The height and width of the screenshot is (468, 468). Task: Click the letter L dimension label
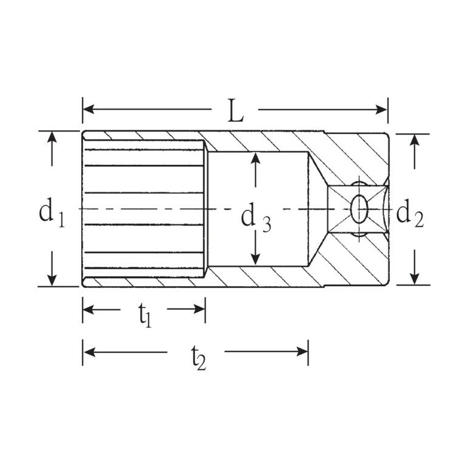pyautogui.click(x=235, y=111)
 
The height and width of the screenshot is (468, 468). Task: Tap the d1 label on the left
pyautogui.click(x=52, y=212)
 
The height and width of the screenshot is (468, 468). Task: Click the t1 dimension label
pyautogui.click(x=145, y=315)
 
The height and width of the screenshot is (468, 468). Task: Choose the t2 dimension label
pyautogui.click(x=198, y=358)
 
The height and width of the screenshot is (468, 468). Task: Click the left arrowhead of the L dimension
pyautogui.click(x=89, y=109)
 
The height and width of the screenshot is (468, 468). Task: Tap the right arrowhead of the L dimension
pyautogui.click(x=381, y=110)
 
